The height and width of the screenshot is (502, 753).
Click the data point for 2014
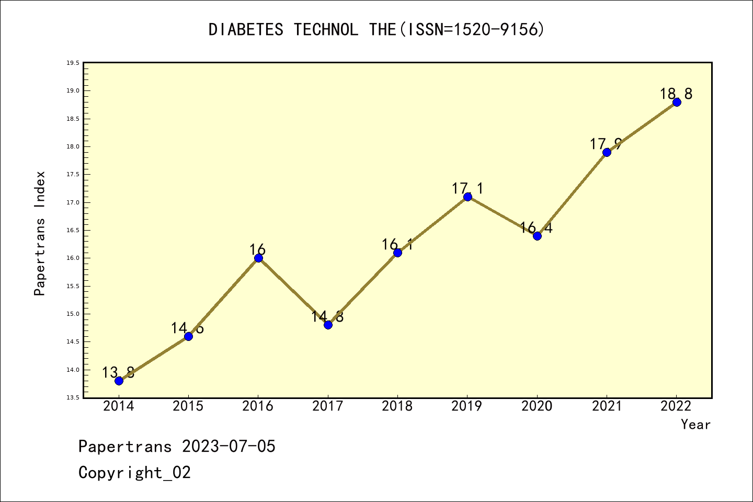(119, 381)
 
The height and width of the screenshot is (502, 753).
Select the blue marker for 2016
(258, 258)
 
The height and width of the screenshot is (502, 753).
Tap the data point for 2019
(467, 197)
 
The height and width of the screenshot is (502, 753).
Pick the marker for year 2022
(677, 102)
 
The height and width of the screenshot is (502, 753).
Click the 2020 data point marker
(537, 236)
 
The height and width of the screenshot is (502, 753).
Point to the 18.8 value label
(676, 94)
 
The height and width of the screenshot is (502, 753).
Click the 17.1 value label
(467, 188)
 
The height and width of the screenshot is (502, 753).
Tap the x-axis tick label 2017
(327, 406)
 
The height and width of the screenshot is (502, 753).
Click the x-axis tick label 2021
(607, 406)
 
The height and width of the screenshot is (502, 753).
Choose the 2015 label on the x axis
(188, 406)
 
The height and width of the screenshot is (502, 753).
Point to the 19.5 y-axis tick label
(73, 63)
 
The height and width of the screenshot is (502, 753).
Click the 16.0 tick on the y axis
(73, 258)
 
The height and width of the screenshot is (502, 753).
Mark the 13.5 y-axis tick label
(73, 398)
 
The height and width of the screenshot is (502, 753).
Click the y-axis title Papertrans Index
(40, 233)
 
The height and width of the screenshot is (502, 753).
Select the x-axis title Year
(695, 425)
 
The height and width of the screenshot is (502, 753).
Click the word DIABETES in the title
(246, 30)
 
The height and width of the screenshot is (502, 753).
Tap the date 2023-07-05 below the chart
(229, 447)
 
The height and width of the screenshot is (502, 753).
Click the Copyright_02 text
(134, 473)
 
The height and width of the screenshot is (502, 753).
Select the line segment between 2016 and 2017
(293, 291)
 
